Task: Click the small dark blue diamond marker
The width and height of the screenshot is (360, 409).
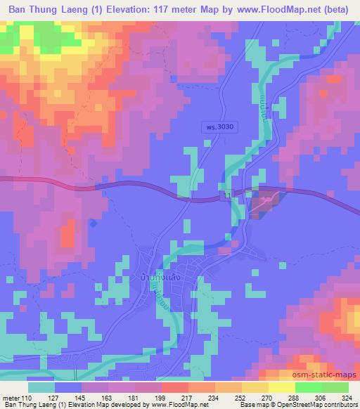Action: point(93,223)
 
